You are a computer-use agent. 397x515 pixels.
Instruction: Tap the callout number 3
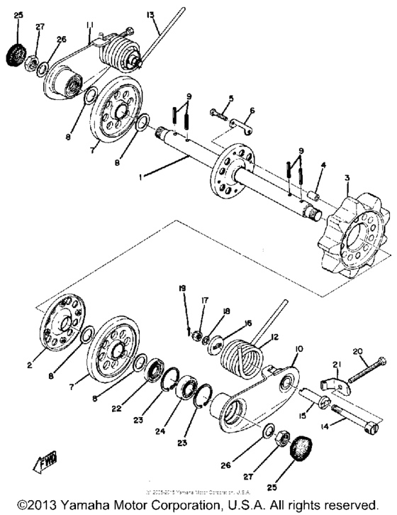click(347, 176)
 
